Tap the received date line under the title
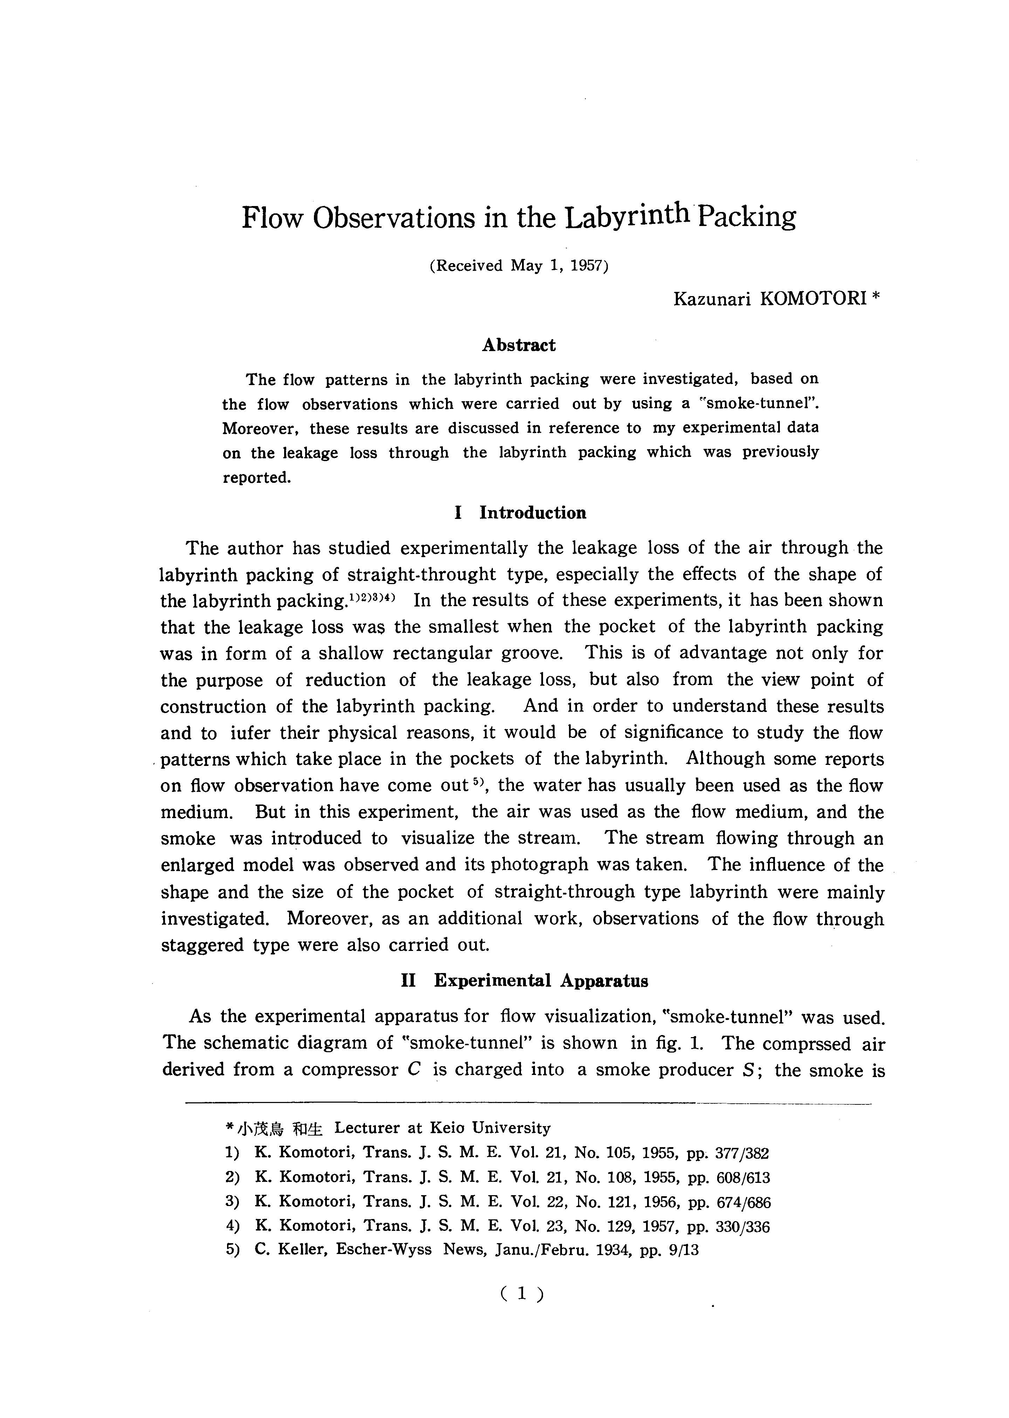pyautogui.click(x=519, y=266)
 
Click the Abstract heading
pyautogui.click(x=519, y=345)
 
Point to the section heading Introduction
pyautogui.click(x=533, y=513)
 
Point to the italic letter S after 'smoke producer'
pyautogui.click(x=749, y=1070)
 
